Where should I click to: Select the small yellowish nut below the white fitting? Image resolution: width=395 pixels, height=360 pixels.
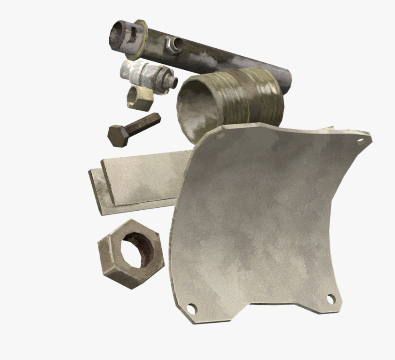140,97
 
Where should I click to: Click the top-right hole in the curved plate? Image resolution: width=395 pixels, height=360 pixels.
361,141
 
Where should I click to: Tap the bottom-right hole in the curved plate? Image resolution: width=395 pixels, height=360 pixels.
330,299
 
